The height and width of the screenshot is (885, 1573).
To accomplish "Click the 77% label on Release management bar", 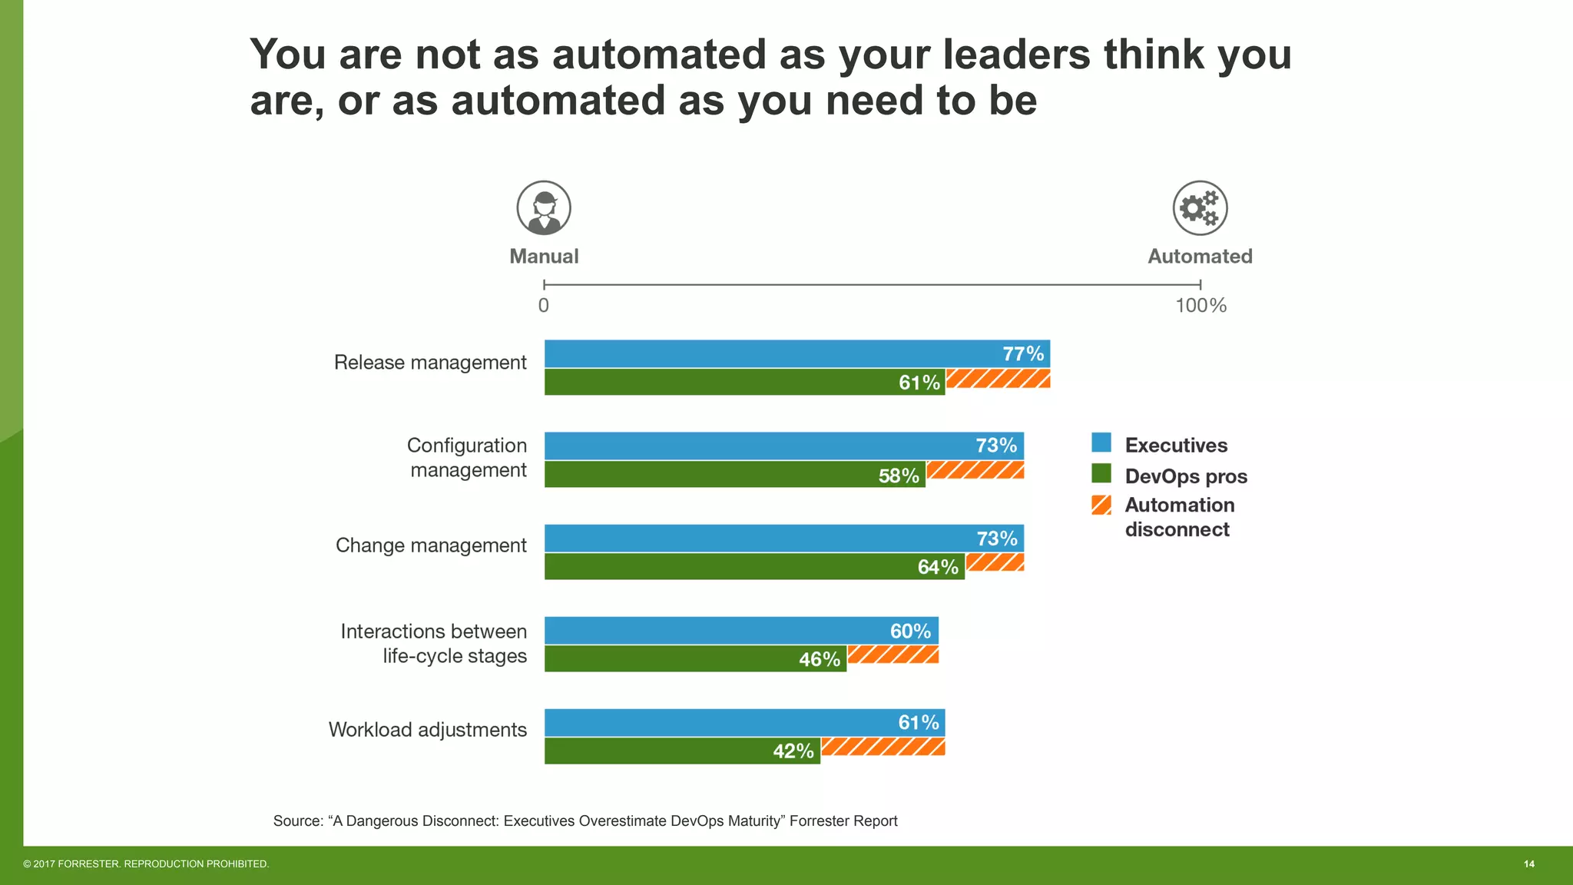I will (1023, 354).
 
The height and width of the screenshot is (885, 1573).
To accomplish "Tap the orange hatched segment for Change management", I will (995, 562).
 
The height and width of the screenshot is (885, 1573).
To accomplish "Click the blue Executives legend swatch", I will (1101, 442).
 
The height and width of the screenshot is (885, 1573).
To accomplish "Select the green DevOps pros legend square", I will (1101, 474).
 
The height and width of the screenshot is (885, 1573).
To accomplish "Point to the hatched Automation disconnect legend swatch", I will (1101, 505).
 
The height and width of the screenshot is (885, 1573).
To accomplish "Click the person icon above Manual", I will (544, 207).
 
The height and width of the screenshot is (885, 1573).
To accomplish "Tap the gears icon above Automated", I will (1200, 207).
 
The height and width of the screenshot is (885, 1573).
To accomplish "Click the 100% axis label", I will (1200, 306).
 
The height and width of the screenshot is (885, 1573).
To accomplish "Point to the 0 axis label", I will (544, 306).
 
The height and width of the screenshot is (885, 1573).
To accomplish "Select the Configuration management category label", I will (467, 458).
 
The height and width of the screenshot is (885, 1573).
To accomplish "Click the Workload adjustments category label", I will (428, 730).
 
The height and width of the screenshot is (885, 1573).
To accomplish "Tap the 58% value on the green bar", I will (899, 476).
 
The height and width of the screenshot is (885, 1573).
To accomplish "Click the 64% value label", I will (938, 568).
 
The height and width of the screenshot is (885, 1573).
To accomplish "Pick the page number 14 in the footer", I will (1528, 864).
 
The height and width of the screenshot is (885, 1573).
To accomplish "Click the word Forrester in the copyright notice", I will (88, 864).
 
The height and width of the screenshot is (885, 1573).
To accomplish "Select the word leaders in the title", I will (1016, 55).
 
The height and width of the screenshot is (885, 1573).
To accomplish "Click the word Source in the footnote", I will (298, 821).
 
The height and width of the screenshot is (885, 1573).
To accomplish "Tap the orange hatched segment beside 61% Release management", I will (998, 379).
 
